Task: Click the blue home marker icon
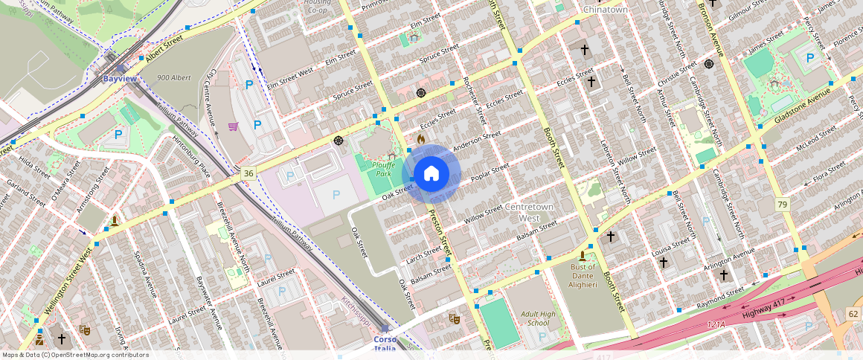click(x=431, y=173)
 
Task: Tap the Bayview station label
click(x=119, y=78)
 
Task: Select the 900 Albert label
click(x=174, y=77)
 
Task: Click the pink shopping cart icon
click(x=233, y=126)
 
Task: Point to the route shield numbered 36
click(x=248, y=173)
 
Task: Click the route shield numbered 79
click(x=782, y=205)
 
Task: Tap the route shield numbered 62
click(x=853, y=315)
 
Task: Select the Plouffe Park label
click(x=383, y=170)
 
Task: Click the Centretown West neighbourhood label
click(x=528, y=212)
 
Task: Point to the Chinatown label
click(x=605, y=10)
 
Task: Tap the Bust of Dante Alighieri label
click(x=583, y=271)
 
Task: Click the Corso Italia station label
click(x=385, y=344)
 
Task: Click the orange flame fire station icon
click(x=421, y=138)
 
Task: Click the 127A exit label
click(x=716, y=324)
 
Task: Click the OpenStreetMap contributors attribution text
click(x=75, y=355)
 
